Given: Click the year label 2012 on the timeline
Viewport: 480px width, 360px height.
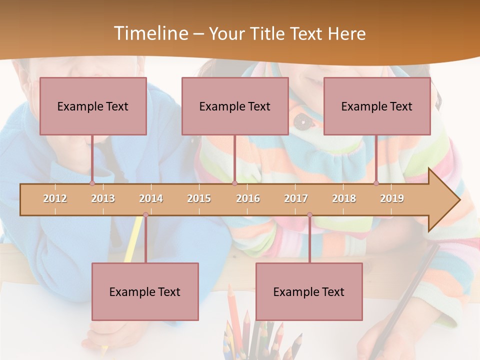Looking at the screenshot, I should click(55, 198).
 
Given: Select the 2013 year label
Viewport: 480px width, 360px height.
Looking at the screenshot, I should click(103, 198).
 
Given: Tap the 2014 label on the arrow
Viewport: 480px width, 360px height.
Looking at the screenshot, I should click(151, 198).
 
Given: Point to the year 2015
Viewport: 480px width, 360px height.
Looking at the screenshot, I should click(199, 198).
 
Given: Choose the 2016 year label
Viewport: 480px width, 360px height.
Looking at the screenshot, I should click(248, 198).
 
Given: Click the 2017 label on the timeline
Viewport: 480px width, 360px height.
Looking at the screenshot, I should click(296, 198).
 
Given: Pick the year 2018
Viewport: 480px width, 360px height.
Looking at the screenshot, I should click(344, 198).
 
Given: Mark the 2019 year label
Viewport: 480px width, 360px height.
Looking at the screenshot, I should click(392, 198).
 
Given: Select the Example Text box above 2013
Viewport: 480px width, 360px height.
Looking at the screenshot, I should click(93, 106).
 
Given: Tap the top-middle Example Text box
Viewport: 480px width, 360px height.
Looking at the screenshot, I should click(235, 106).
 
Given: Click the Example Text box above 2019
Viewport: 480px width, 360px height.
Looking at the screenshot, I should click(377, 106).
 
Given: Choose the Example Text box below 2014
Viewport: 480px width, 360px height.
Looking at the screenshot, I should click(145, 291).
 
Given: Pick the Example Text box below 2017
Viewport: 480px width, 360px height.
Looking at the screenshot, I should click(309, 291).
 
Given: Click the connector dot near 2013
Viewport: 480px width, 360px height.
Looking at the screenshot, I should click(92, 183).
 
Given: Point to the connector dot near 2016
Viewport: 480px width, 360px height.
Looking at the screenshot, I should click(234, 183).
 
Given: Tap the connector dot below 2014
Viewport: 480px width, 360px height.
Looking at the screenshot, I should click(145, 215).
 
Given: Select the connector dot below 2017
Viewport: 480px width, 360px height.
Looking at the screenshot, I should click(309, 215).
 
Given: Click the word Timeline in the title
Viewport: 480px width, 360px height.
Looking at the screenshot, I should click(150, 33).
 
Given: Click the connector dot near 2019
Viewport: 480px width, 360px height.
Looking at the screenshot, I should click(376, 183).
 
